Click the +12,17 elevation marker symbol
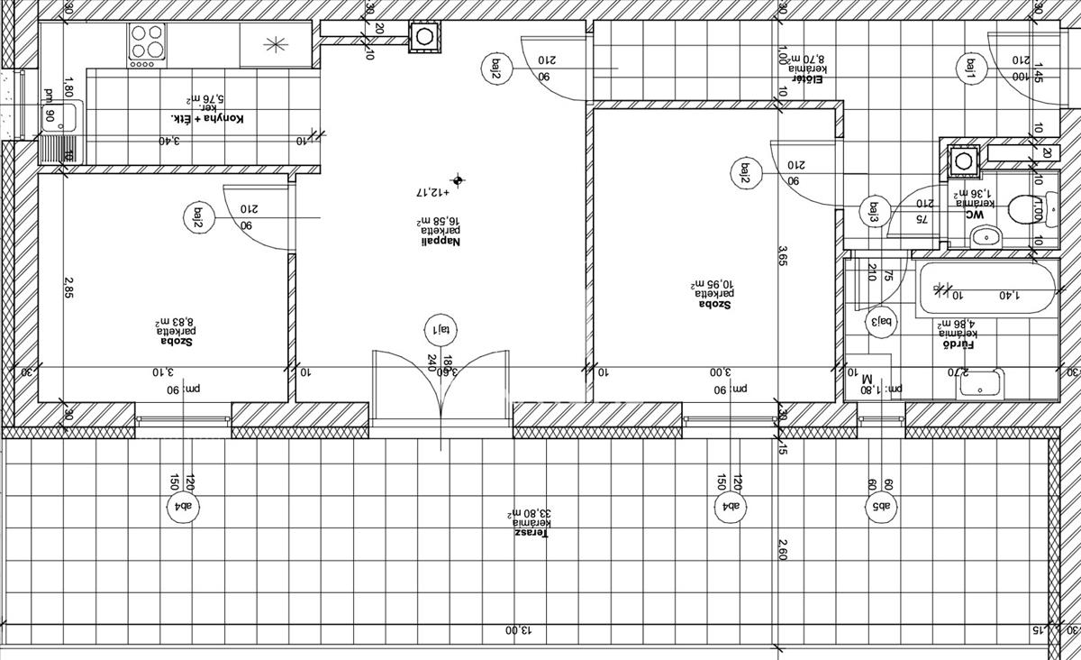point(459,180)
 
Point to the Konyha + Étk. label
point(207,118)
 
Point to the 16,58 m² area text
point(441,221)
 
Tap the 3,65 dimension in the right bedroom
point(784,255)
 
